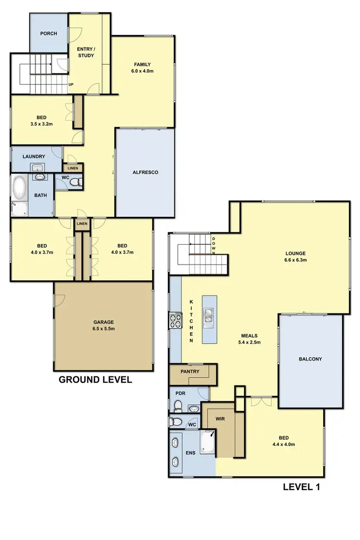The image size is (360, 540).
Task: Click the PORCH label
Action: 48,34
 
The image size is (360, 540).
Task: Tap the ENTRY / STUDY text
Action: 86,52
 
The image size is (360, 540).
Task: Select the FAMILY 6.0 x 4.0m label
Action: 143,68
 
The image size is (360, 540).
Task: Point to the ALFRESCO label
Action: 145,172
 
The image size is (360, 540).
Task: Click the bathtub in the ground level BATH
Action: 19,188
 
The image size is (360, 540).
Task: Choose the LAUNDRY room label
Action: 34,156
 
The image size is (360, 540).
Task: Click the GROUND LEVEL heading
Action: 95,380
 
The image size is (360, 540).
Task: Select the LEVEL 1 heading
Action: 301,487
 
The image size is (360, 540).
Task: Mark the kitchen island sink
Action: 209,315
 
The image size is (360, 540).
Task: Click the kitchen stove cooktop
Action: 175,321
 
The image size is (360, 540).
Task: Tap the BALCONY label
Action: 310,359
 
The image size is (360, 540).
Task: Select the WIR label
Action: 220,419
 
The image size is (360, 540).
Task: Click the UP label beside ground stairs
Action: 72,84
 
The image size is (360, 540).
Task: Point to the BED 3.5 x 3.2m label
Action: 41,120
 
